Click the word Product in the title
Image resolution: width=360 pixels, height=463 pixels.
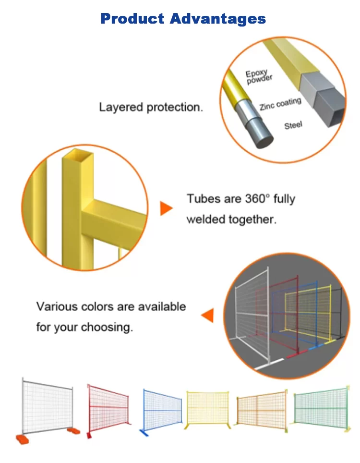click(132, 19)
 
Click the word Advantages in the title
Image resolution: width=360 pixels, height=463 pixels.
click(218, 19)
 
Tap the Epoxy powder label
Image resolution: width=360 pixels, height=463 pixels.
click(259, 77)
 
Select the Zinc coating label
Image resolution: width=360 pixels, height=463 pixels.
click(280, 104)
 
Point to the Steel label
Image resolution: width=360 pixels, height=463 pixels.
click(293, 125)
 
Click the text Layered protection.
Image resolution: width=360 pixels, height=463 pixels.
click(151, 107)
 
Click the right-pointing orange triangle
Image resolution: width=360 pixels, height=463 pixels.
click(166, 208)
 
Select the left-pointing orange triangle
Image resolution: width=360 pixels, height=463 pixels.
click(207, 315)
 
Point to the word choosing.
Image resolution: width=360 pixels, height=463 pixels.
click(107, 328)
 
